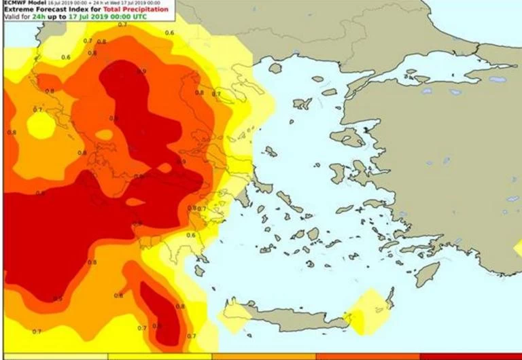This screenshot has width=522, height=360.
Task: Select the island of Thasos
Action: click(275, 68)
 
